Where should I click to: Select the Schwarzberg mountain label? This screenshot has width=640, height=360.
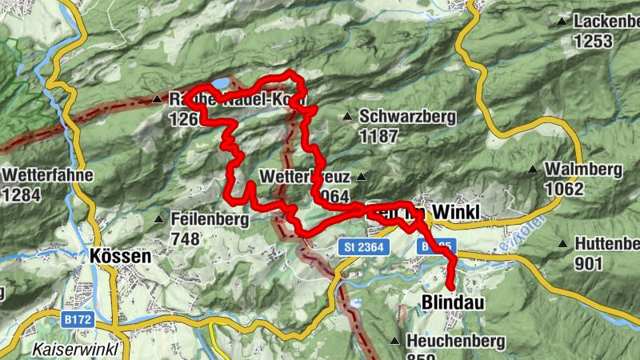coord(407,117)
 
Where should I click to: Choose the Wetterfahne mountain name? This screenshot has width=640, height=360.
coord(48,174)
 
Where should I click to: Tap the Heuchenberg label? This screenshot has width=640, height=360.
coord(455,342)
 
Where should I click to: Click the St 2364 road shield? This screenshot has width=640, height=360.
coord(367,248)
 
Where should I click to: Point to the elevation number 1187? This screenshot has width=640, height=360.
coord(378,136)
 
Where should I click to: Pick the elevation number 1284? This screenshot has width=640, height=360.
coord(25,194)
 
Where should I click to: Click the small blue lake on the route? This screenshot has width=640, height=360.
coord(218,83)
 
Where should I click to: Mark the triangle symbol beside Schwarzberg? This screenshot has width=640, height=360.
coord(347,117)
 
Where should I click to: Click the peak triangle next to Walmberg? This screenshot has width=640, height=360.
coord(533,169)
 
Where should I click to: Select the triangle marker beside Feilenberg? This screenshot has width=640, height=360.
coord(159,218)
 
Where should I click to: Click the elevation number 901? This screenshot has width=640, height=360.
coord(589,263)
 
